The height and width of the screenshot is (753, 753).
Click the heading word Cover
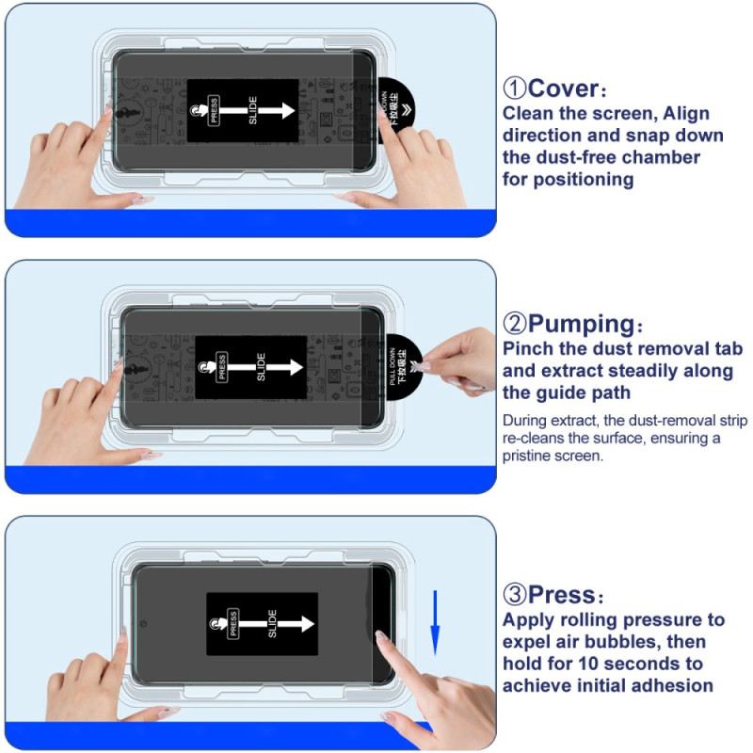(x=563, y=89)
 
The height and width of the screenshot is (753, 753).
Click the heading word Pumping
(x=583, y=325)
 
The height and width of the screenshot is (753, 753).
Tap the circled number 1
(x=514, y=89)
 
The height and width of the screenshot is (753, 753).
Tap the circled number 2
(x=514, y=325)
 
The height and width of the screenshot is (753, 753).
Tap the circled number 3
(x=514, y=595)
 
